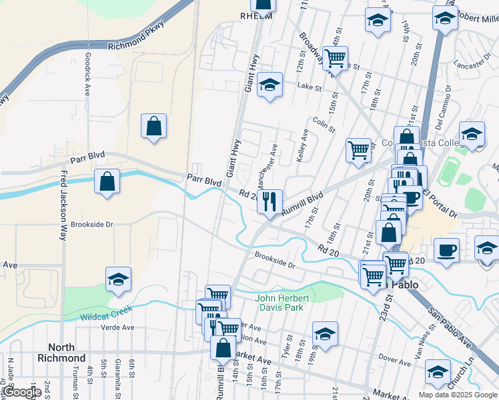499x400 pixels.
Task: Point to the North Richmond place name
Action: (67, 353)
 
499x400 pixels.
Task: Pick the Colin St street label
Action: (323, 123)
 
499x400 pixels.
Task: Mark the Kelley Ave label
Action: (303, 147)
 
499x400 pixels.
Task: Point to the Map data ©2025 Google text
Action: (458, 394)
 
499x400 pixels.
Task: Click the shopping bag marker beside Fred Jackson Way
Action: (107, 181)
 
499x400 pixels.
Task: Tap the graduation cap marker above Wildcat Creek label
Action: (118, 280)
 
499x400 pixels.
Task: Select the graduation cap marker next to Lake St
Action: (270, 85)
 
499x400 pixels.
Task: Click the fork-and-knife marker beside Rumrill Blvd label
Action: (270, 201)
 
